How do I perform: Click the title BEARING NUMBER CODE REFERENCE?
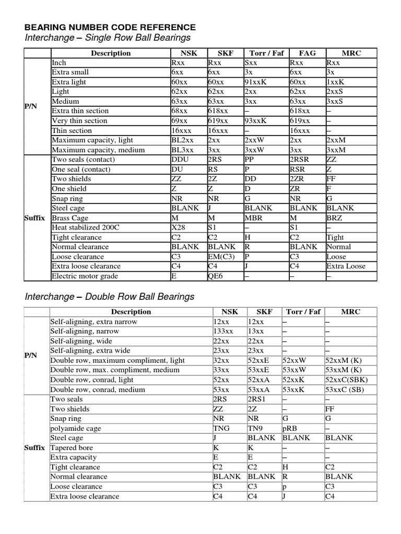pyautogui.click(x=111, y=27)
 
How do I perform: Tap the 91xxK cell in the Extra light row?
pyautogui.click(x=255, y=82)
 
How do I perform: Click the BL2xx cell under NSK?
pyautogui.click(x=183, y=140)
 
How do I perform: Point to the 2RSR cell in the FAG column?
pyautogui.click(x=301, y=160)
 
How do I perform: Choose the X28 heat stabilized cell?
pyautogui.click(x=179, y=227)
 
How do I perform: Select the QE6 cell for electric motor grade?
pyautogui.click(x=215, y=276)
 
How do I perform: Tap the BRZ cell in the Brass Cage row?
pyautogui.click(x=334, y=217)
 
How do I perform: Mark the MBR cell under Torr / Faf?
pyautogui.click(x=254, y=217)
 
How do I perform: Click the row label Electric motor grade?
pyautogui.click(x=85, y=276)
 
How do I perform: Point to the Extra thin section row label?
pyautogui.click(x=80, y=111)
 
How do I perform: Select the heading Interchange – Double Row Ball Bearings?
pyautogui.click(x=110, y=296)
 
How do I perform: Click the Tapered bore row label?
pyautogui.click(x=72, y=447)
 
